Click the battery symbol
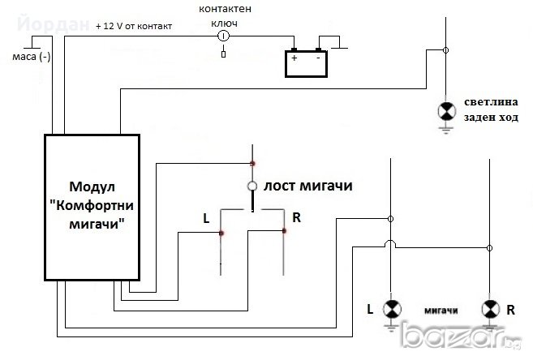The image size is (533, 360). point(305,63)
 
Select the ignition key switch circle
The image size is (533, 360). point(225,36)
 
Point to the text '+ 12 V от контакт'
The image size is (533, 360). point(134,26)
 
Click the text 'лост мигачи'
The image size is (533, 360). point(307,186)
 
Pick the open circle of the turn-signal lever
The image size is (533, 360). point(254,187)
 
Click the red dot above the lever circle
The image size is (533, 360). point(253,163)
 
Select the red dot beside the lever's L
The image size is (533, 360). point(221,233)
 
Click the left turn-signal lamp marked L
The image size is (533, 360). point(392,309)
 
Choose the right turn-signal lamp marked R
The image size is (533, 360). point(489,309)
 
